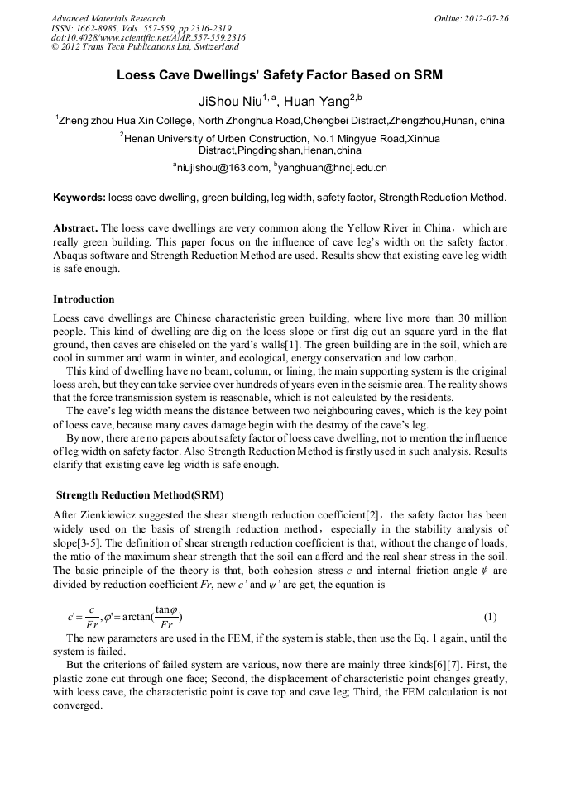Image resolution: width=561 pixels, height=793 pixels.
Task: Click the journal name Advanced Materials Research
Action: (108, 18)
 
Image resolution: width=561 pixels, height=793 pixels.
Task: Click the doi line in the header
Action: (148, 37)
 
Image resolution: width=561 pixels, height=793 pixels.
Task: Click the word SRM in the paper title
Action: (427, 75)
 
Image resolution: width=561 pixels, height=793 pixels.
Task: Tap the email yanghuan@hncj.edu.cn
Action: (334, 168)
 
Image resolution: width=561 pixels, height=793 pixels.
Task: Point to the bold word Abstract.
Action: (75, 227)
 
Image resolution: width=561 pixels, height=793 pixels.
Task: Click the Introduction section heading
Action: (84, 299)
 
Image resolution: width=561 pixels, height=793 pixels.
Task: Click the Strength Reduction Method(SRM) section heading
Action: (139, 495)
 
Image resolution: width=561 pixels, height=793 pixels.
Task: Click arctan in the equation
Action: (130, 616)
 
